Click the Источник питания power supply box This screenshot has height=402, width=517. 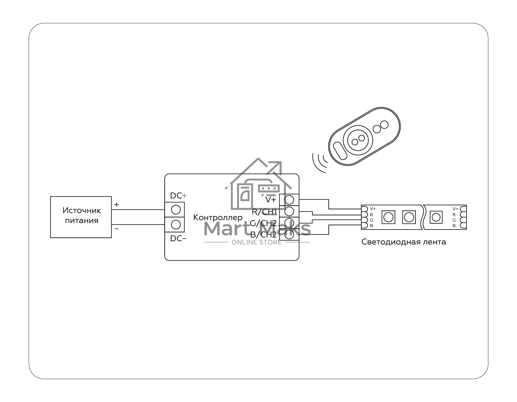point(81,217)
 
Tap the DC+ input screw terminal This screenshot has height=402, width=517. point(176,210)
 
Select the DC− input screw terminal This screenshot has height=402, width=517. point(176,224)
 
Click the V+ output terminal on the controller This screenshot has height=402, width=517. point(289,199)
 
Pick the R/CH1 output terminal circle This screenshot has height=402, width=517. point(289,211)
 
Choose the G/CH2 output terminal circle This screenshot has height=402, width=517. point(289,223)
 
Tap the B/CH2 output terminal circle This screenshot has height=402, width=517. point(289,234)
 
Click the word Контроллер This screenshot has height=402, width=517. point(218,217)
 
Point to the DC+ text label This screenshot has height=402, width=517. point(178,196)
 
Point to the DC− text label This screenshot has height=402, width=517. point(178,238)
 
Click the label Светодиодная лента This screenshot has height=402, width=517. point(404,242)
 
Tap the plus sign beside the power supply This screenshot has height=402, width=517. point(117,205)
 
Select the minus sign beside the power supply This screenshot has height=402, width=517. point(117,229)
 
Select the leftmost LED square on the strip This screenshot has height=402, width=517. point(388,217)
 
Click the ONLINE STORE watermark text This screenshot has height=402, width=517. point(257,242)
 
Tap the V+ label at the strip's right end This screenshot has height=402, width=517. point(456,209)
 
